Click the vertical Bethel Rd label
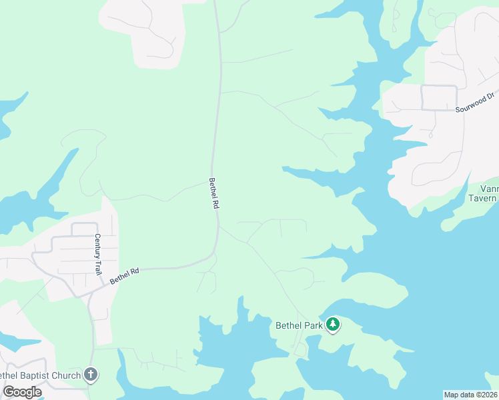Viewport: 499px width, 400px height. [213, 193]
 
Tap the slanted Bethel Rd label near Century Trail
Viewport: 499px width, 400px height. [125, 276]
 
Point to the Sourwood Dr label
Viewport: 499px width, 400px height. [475, 102]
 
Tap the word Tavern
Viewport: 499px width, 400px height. [482, 198]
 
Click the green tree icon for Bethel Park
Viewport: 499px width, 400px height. [333, 325]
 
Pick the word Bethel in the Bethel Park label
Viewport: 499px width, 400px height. [289, 326]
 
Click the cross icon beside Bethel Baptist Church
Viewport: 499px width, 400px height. [91, 375]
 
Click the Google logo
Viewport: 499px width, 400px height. [21, 392]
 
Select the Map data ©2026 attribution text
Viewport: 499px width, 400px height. [470, 395]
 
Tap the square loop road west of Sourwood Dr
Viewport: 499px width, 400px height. [439, 97]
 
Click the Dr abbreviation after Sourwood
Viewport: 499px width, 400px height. [490, 96]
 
